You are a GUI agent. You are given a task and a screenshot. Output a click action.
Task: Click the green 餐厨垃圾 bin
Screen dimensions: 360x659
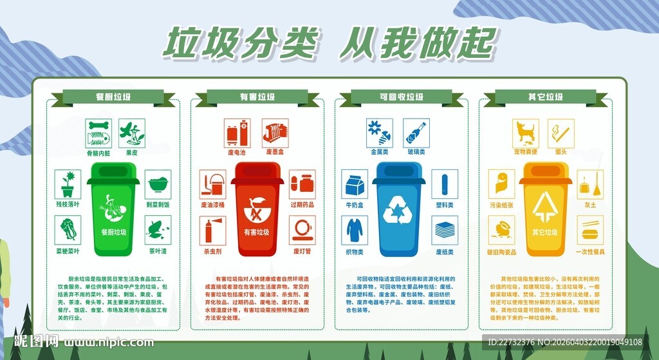tap(113, 209)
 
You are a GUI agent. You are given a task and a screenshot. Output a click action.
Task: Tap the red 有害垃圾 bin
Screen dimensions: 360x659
tap(257, 209)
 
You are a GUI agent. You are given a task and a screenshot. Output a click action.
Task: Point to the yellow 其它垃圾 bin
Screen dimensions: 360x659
tap(545, 209)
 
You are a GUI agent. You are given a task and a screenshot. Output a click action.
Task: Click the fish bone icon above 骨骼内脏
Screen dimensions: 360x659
tap(99, 132)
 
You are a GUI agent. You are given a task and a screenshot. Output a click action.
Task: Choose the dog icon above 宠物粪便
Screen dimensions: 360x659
tap(525, 133)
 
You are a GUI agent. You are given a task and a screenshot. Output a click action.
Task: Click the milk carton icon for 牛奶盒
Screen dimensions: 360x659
tap(354, 185)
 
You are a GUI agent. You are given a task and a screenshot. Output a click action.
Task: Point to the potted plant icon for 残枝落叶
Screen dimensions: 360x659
tap(68, 184)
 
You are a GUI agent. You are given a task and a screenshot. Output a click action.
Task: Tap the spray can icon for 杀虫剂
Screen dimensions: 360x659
tap(212, 230)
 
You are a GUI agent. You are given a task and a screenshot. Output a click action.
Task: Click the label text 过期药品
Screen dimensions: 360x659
tap(302, 204)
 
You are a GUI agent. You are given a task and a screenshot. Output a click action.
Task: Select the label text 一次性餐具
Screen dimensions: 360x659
tap(589, 251)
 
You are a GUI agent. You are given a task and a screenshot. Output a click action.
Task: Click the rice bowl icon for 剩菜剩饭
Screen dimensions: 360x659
tap(158, 184)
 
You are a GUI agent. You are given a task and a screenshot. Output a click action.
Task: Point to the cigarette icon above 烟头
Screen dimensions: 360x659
tap(561, 133)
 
